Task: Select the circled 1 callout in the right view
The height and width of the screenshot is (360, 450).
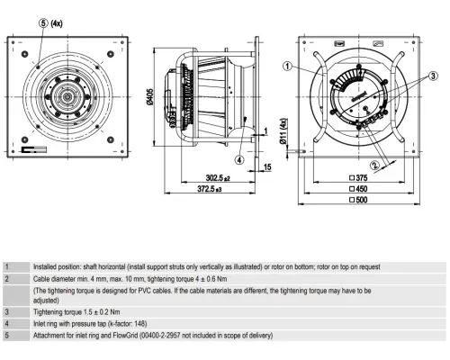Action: tap(286, 66)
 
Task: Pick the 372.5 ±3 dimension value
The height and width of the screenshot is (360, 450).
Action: tap(208, 190)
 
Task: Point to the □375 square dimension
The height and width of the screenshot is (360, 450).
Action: tap(363, 178)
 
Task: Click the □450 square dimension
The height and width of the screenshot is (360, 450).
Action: tap(363, 189)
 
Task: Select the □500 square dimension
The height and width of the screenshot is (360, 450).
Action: tap(363, 200)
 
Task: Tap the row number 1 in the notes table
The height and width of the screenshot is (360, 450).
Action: tap(7, 267)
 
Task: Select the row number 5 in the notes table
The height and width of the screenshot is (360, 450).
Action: tap(7, 336)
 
